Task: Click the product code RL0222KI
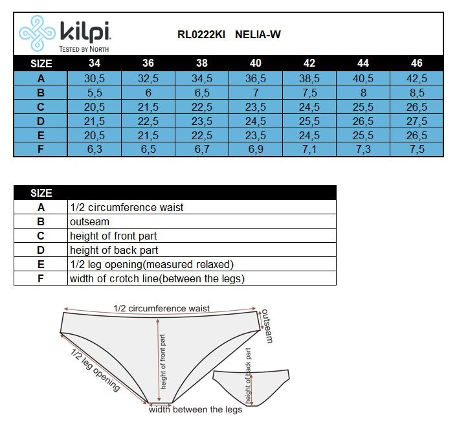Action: point(201,35)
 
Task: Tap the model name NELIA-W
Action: point(258,35)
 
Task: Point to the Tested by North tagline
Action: point(84,49)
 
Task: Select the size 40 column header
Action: point(256,63)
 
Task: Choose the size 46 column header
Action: point(417,63)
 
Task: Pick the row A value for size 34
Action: point(95,78)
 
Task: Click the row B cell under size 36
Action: point(148,93)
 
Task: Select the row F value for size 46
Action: point(417,150)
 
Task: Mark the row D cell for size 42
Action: point(309,121)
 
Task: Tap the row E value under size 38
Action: point(202,135)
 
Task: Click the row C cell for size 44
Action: point(362,107)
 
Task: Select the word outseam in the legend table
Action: point(90,221)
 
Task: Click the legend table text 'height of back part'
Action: point(114,250)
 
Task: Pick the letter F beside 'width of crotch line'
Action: point(41,278)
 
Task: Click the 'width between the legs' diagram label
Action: point(195,409)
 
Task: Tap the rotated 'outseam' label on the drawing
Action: point(267,326)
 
